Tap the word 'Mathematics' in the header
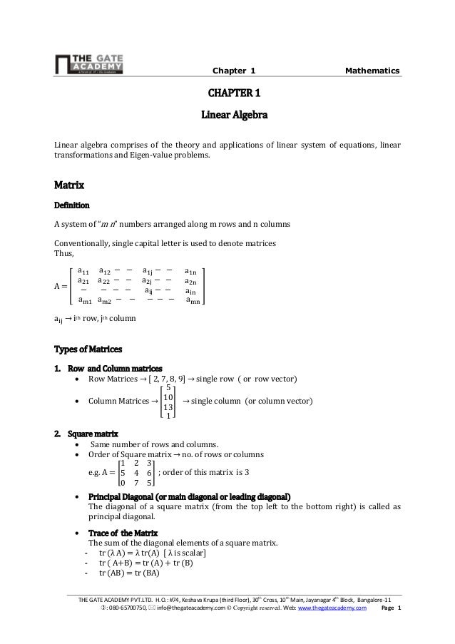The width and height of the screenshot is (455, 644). point(372,71)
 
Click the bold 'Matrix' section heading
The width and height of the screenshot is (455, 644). point(69,186)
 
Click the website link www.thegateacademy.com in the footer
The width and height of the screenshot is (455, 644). point(332,608)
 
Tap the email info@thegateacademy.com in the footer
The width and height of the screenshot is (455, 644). point(195,608)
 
